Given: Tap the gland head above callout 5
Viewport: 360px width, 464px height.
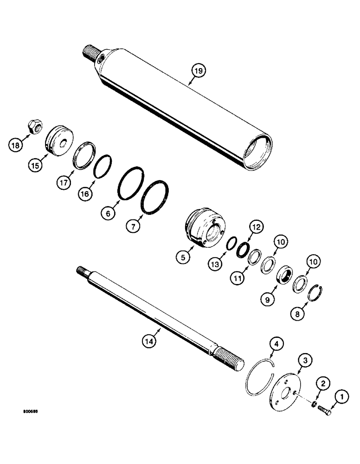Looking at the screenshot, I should (203, 227).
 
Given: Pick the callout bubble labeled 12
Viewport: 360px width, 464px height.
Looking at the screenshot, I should (257, 227).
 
